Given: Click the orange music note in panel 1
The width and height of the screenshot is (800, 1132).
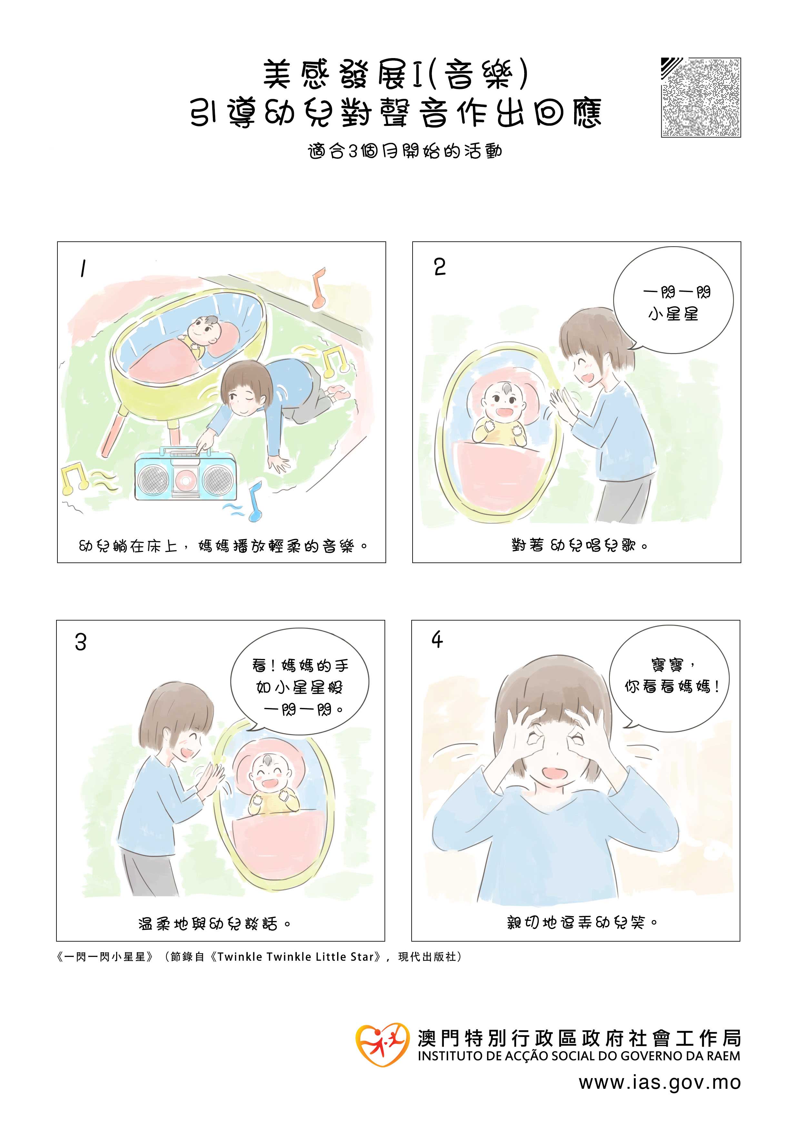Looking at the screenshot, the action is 319,288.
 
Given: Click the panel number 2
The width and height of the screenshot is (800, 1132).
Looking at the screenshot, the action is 440,267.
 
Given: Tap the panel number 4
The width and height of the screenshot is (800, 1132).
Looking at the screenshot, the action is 437,640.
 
